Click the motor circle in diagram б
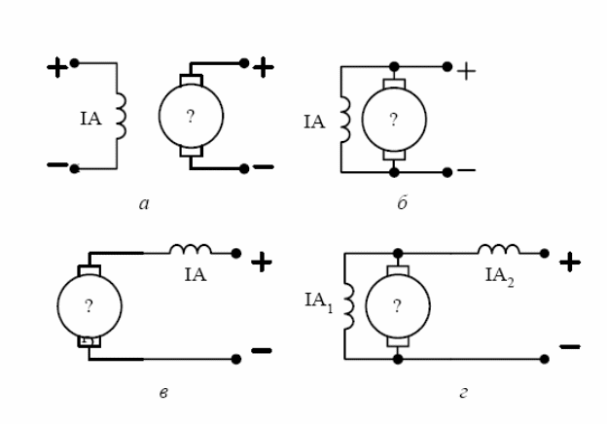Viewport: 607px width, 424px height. [394, 120]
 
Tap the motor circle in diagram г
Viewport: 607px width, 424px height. [397, 307]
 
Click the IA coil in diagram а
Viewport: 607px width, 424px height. [120, 116]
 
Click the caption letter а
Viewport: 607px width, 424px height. [143, 205]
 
